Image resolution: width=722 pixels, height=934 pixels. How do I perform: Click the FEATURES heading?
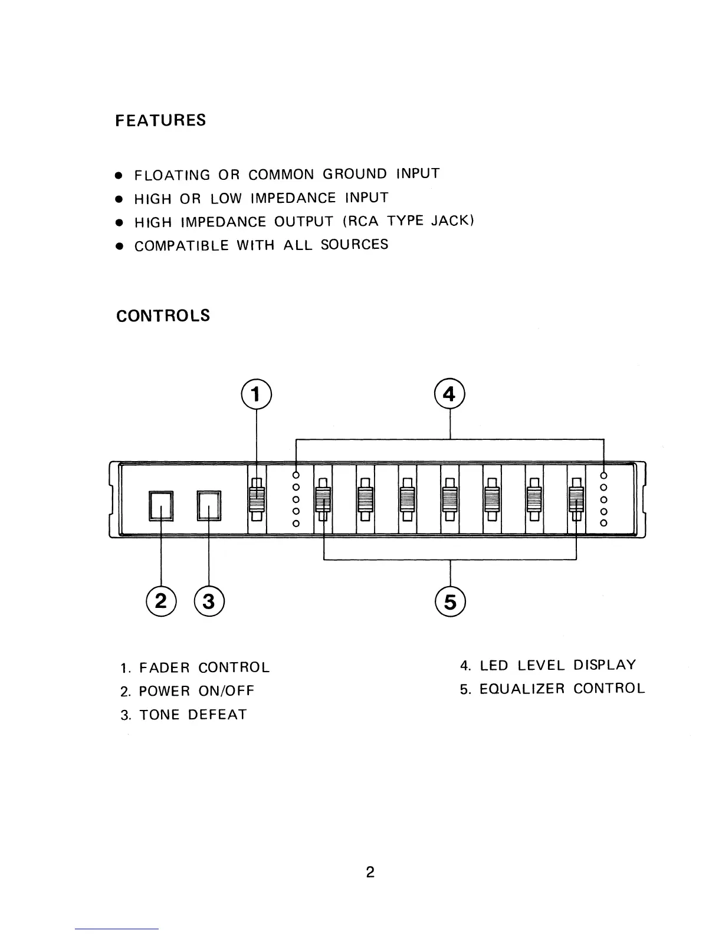click(x=160, y=120)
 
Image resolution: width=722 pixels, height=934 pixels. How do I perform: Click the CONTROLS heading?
click(x=163, y=315)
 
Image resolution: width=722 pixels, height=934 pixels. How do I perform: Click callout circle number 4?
click(x=450, y=394)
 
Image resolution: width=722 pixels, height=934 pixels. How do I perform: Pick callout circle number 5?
click(x=450, y=601)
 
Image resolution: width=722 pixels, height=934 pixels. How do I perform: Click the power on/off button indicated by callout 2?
click(x=162, y=506)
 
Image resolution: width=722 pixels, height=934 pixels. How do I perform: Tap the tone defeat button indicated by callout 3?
click(x=209, y=506)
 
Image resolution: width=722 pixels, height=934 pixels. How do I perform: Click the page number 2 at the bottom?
click(x=370, y=872)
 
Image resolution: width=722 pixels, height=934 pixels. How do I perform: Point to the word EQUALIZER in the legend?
click(x=522, y=689)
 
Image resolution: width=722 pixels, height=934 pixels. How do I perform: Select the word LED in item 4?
click(x=494, y=666)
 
